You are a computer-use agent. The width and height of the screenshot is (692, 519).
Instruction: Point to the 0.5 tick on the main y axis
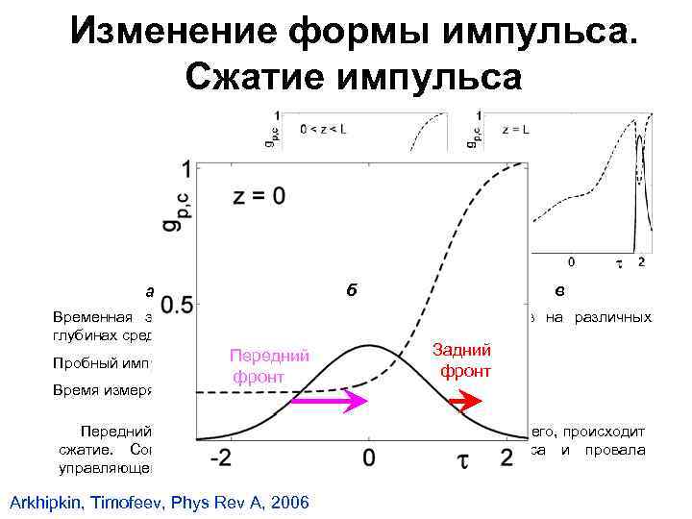click(x=178, y=307)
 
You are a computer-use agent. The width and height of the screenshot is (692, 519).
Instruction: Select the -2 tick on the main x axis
click(x=224, y=457)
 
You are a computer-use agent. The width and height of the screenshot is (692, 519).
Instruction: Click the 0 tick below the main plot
click(x=369, y=457)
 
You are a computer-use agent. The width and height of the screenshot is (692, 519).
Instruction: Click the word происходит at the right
click(x=609, y=432)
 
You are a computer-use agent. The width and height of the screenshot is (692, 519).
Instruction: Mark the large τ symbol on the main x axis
click(x=463, y=458)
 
